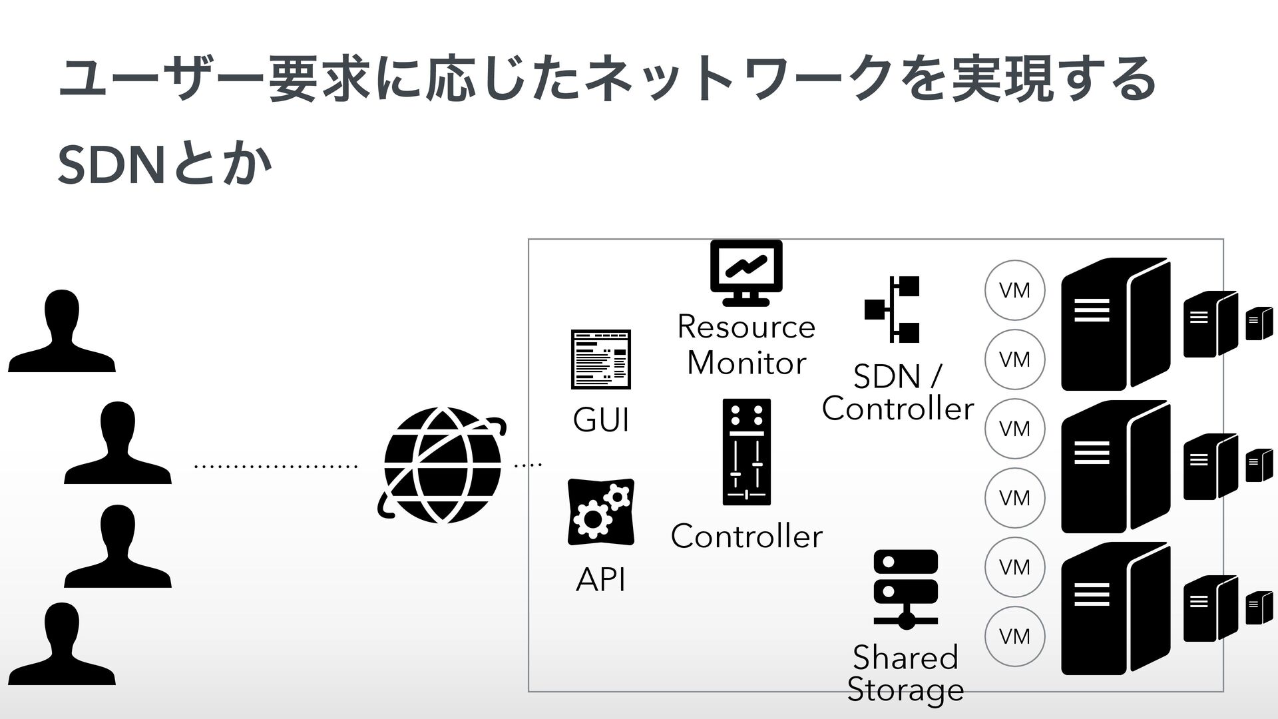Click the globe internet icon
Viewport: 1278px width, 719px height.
442,465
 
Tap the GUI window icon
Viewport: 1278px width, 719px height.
600,359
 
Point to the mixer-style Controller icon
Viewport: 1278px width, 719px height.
746,452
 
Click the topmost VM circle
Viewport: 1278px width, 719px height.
1015,290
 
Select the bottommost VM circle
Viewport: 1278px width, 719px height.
1015,636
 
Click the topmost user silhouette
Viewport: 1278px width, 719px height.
62,331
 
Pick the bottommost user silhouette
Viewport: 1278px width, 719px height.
62,644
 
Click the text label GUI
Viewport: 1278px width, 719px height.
600,421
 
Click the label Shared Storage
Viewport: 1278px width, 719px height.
905,673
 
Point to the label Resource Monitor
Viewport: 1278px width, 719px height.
746,345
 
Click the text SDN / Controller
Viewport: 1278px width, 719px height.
897,393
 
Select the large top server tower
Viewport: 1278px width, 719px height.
1116,324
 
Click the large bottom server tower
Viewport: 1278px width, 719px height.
1116,608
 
